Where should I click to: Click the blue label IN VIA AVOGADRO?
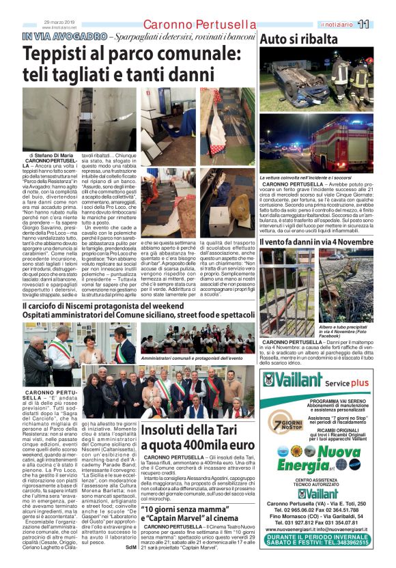point(65,36)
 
